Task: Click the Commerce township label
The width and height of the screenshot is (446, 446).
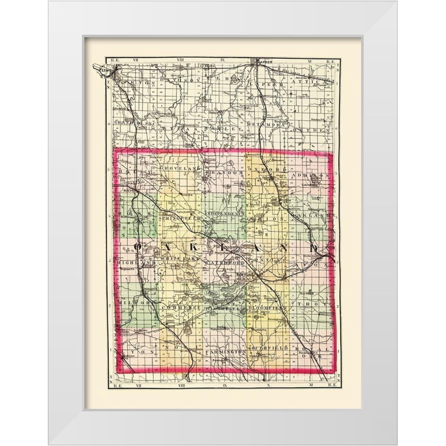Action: click(x=180, y=308)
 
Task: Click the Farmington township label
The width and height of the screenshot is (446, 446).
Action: click(x=226, y=352)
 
